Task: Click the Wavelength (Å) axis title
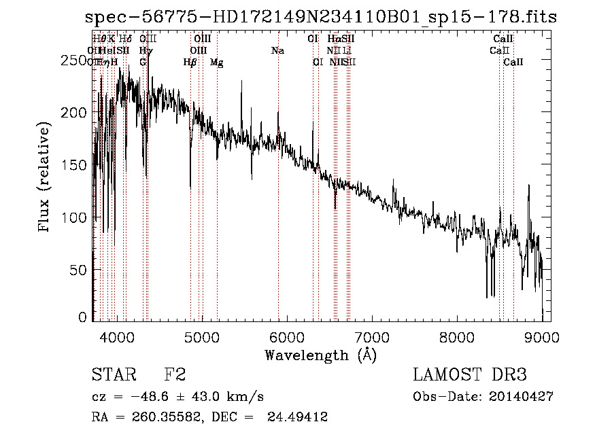tap(320, 355)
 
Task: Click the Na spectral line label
tap(277, 51)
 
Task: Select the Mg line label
tap(217, 63)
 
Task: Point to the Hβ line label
tap(190, 63)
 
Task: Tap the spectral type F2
tap(175, 375)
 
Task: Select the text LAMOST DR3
tap(470, 375)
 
